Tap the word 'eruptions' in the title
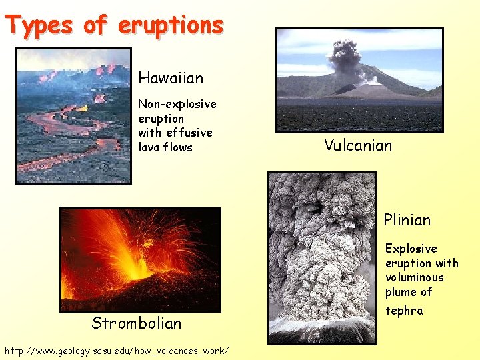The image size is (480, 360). point(171,25)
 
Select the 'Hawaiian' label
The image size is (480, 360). point(171,78)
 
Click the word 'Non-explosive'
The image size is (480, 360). point(177,104)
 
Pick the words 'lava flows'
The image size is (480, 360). point(165,147)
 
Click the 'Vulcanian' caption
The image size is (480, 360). point(358,145)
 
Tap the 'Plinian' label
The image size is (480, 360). point(407,220)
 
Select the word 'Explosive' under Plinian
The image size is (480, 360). point(411,249)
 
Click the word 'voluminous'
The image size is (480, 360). point(414,277)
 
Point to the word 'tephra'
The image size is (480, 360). point(403,311)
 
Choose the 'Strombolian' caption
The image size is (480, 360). point(137,323)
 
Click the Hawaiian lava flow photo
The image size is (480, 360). point(73,117)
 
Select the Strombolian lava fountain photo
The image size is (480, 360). point(140,259)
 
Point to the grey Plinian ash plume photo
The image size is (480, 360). point(321,257)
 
